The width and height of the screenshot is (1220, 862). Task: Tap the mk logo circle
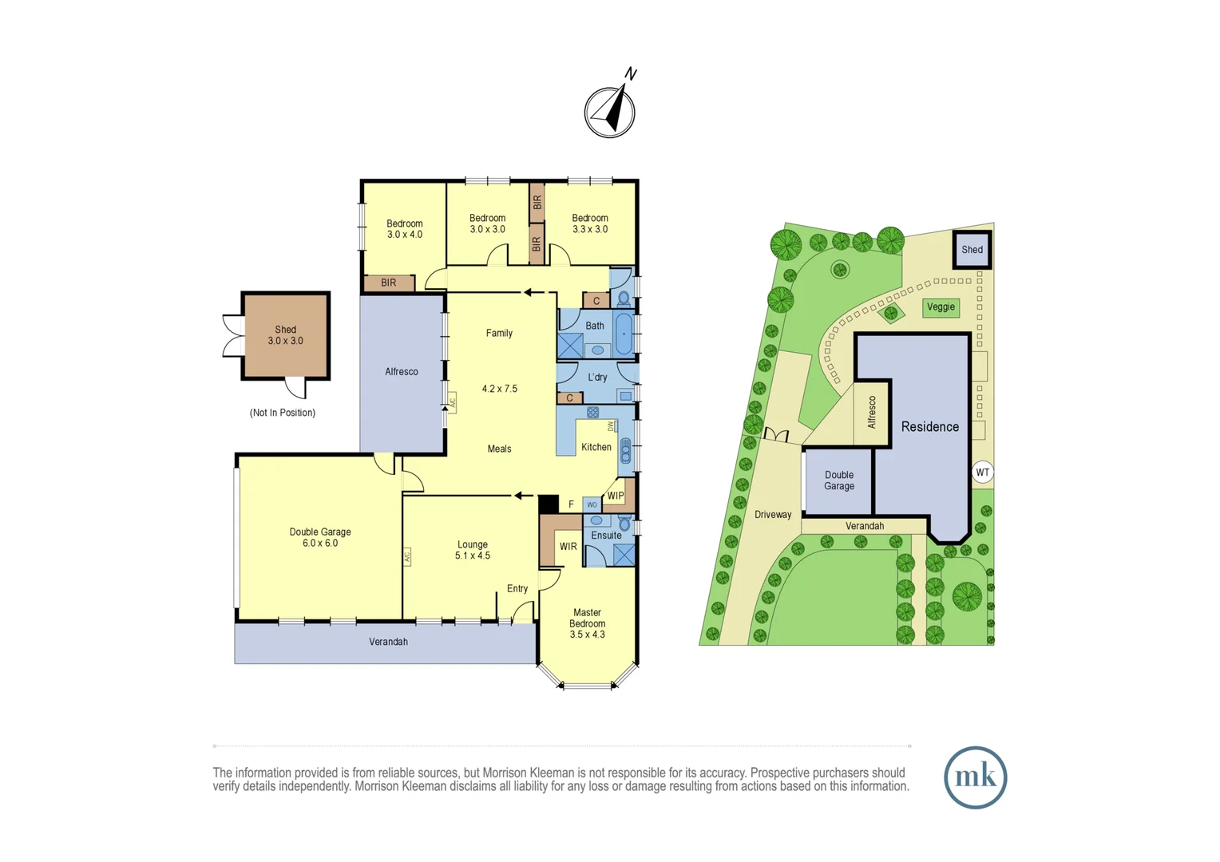tap(975, 777)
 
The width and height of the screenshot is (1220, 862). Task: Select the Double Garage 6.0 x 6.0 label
tap(320, 538)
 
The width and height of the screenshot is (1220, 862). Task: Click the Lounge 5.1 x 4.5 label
tap(473, 550)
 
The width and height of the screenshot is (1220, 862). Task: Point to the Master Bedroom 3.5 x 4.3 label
tap(587, 623)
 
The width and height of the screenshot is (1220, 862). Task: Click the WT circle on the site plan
tap(982, 473)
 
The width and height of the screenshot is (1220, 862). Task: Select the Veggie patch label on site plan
tap(941, 307)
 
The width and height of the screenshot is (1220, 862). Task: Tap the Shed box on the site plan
tap(972, 250)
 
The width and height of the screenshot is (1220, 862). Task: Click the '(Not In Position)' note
tap(283, 413)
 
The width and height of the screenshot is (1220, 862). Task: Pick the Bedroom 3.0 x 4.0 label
tap(405, 229)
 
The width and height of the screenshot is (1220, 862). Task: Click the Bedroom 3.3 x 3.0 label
tap(590, 223)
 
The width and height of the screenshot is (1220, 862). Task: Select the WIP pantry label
tap(616, 496)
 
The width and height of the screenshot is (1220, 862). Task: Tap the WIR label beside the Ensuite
tap(568, 547)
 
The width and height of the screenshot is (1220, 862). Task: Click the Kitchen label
tap(596, 448)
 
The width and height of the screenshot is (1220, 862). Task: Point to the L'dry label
tap(597, 378)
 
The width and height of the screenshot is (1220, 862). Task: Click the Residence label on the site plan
tap(929, 427)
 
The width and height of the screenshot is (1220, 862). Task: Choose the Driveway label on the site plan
tap(773, 515)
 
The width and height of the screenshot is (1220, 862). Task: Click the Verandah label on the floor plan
tap(388, 642)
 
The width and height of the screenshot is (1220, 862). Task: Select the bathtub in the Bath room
tap(624, 334)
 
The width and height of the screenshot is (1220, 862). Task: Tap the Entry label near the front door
tap(517, 589)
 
